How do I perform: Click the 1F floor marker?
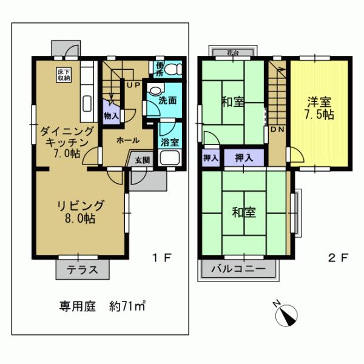coord(161,258)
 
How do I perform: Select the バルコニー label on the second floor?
coord(238,268)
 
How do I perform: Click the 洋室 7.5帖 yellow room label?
coord(320,107)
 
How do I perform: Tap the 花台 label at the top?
coord(233,52)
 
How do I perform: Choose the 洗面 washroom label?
coord(167,101)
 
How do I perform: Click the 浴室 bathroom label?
coord(169,143)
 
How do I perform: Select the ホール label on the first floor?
coord(127,140)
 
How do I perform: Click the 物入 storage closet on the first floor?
coord(111,115)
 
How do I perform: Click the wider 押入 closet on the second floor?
coord(244,157)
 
